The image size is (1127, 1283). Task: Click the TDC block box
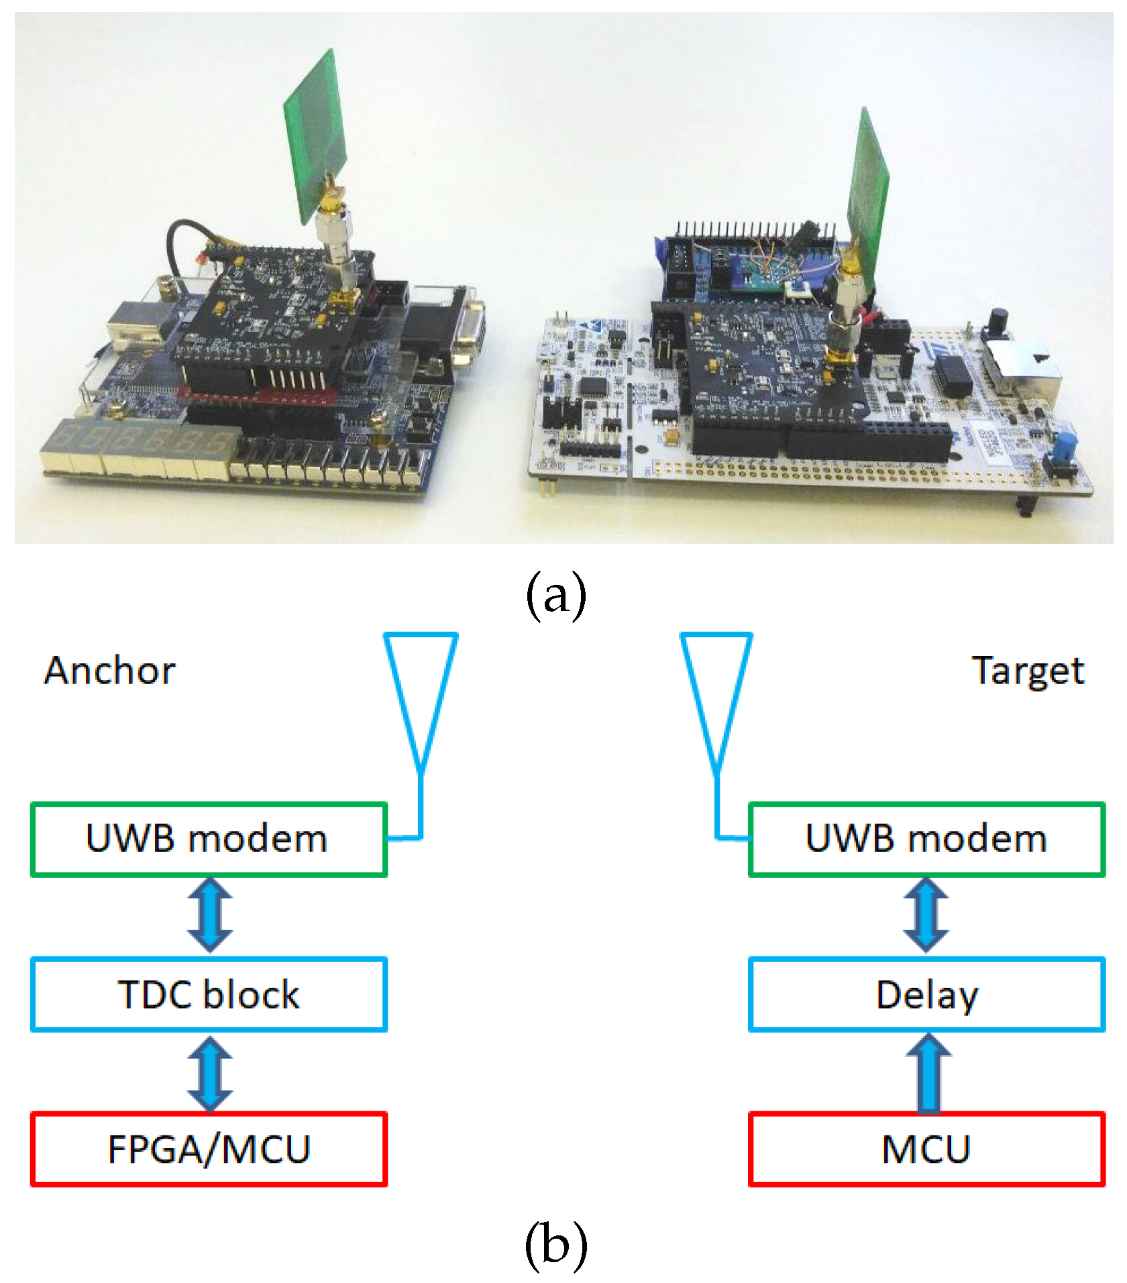pos(209,994)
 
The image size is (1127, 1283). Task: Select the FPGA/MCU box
pos(209,1149)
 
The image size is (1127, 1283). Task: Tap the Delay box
pos(926,994)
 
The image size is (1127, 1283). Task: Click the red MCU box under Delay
pos(926,1149)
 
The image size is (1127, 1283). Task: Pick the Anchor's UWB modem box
pos(209,839)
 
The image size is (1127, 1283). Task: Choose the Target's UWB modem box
pos(926,839)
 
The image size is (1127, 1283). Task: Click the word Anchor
pos(109,671)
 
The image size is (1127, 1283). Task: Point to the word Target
pos(1027,671)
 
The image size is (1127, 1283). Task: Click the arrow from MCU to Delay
pos(928,1072)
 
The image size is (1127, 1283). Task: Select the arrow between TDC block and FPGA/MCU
pos(210,1072)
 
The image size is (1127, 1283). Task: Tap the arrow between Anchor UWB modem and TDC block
pos(210,915)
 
